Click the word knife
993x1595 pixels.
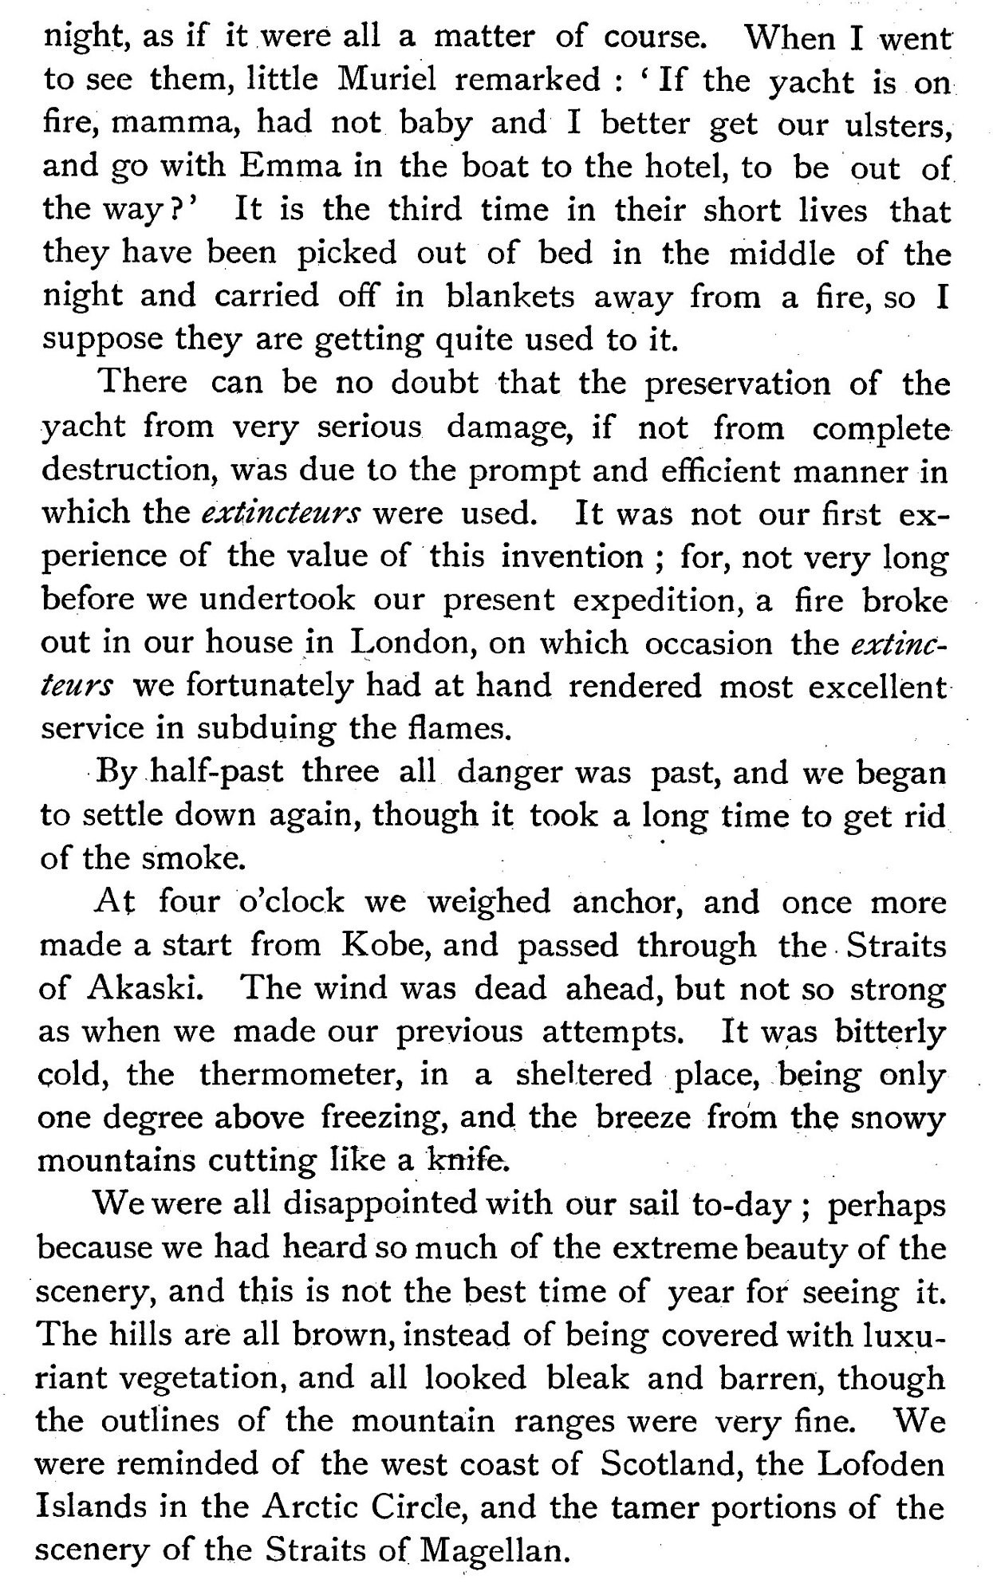tap(467, 1160)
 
